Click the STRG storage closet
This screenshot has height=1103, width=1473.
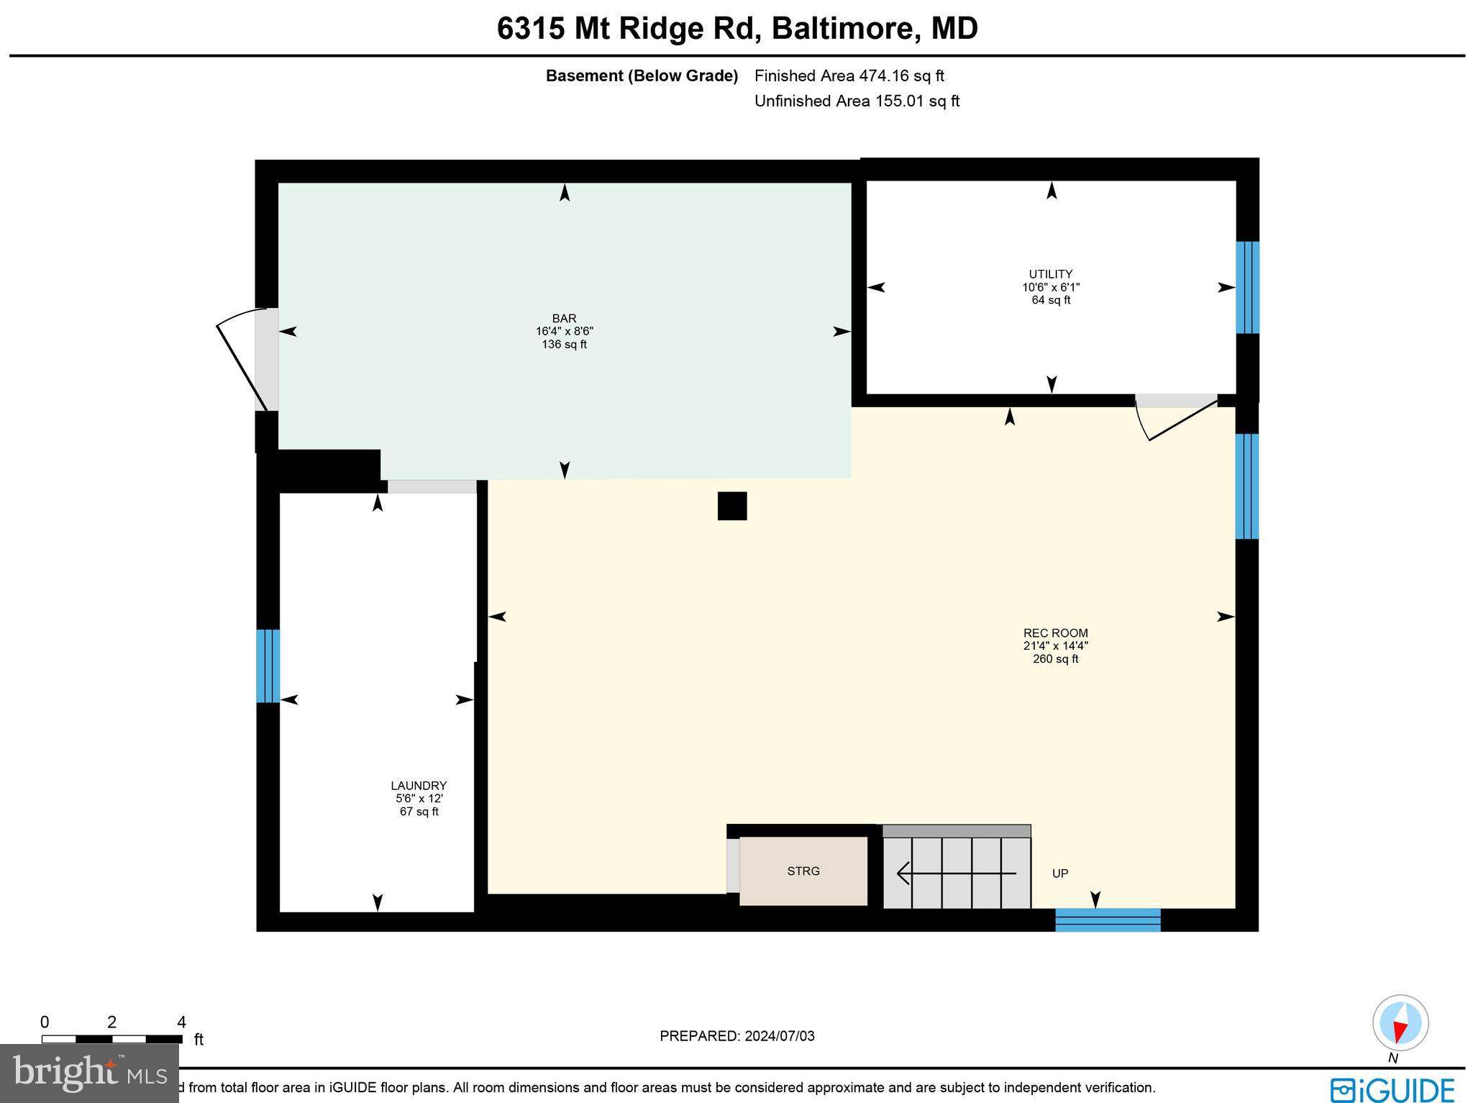[803, 871]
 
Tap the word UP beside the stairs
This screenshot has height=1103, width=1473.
[1059, 873]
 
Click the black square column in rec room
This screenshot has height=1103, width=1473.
[732, 506]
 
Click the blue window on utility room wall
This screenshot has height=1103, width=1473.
[1247, 287]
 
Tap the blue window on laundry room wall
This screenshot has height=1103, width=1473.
[268, 666]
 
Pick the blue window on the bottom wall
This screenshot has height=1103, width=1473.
[1107, 920]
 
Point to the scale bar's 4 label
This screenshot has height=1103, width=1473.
[181, 1022]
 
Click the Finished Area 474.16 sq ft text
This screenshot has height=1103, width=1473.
[849, 76]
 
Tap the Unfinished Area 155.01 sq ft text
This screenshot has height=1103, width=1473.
[857, 101]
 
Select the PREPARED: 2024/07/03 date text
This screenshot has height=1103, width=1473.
[736, 1036]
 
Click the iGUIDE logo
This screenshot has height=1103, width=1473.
[1392, 1089]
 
